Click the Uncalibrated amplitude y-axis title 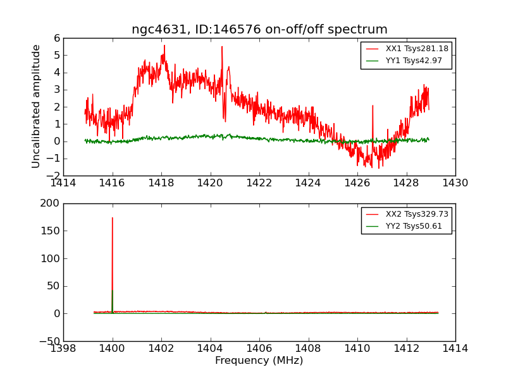click(x=37, y=106)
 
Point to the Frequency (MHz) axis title click(x=259, y=361)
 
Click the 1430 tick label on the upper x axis click(x=455, y=183)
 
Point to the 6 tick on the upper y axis click(x=57, y=38)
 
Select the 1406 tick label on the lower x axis click(x=259, y=349)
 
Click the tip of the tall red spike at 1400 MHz click(x=113, y=218)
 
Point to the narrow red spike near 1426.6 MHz click(x=372, y=105)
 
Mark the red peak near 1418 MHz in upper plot click(x=164, y=45)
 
